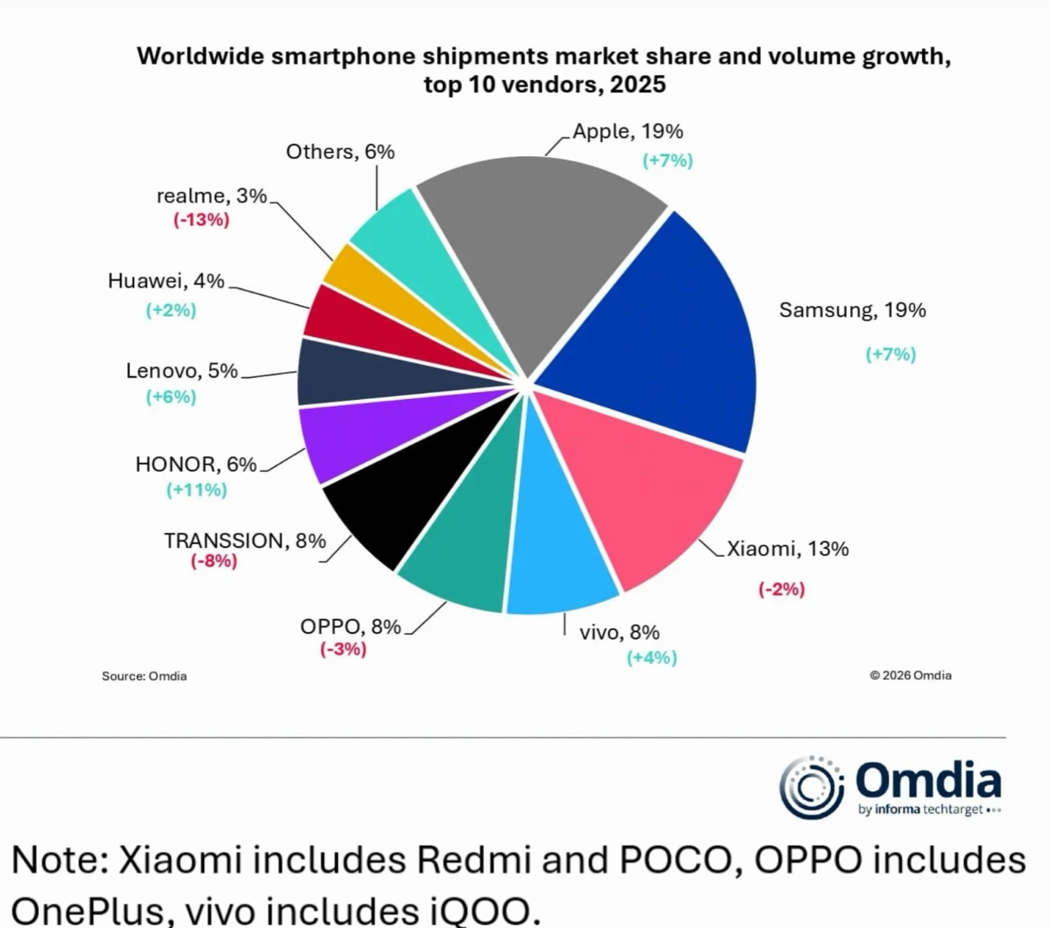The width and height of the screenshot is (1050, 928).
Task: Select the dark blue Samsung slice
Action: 661,331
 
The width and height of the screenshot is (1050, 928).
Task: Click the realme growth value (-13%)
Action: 202,220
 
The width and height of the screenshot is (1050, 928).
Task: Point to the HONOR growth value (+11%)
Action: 197,490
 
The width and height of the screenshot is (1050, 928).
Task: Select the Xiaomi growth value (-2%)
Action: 782,589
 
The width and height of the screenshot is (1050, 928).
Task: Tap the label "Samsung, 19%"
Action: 853,311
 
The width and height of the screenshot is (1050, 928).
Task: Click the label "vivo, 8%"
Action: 620,633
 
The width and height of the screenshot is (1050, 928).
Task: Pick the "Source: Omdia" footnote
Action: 145,676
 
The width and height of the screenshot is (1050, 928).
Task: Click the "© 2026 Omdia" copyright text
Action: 910,675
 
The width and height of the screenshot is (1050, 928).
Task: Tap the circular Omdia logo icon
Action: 810,787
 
